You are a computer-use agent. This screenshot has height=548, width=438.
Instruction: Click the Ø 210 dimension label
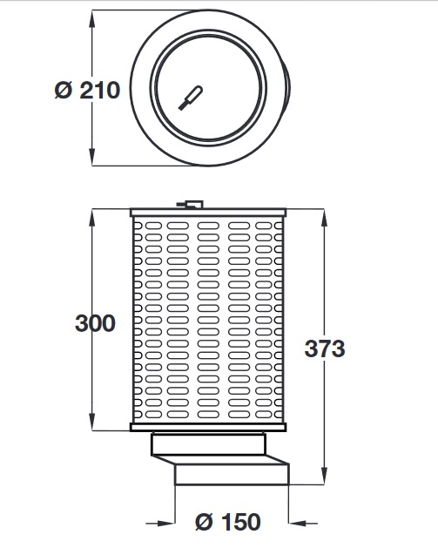(86, 90)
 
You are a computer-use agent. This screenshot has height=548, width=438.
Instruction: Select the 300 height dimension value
(95, 323)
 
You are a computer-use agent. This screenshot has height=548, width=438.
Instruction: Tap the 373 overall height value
(325, 348)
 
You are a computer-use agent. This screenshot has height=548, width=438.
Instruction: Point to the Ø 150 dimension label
(228, 522)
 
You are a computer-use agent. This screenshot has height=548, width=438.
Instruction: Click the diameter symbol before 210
(64, 90)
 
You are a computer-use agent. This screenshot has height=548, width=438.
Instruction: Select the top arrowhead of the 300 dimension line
(92, 215)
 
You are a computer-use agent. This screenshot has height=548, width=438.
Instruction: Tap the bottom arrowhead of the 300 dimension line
(92, 425)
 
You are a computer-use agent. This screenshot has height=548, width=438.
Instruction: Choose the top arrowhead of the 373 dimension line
(324, 215)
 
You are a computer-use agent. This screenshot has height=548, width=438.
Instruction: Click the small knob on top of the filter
(191, 205)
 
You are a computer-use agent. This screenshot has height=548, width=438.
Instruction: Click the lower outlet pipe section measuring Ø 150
(232, 475)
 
